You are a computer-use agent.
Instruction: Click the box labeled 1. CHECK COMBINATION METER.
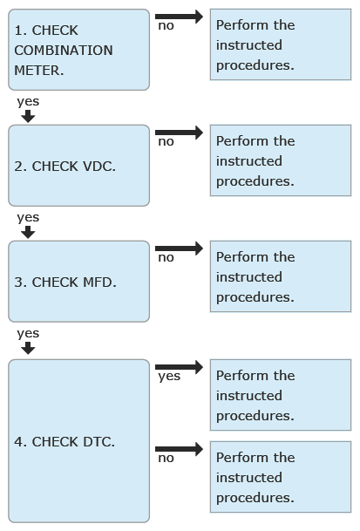click(79, 50)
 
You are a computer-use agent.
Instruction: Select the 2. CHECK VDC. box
click(79, 166)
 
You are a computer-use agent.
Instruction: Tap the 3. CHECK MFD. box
click(79, 282)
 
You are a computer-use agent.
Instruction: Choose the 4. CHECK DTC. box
click(79, 441)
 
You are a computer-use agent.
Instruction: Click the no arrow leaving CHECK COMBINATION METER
click(180, 17)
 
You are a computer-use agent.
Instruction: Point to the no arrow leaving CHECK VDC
click(180, 133)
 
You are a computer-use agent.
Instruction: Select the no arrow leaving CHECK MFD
click(180, 248)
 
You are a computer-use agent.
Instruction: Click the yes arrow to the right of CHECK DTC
click(180, 367)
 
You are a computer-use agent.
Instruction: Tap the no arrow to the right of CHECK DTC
click(180, 449)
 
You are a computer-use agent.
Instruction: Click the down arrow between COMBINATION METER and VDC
click(28, 117)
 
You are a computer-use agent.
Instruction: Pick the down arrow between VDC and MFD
click(28, 232)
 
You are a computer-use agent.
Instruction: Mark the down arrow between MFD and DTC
click(28, 348)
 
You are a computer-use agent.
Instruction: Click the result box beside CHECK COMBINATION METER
click(281, 44)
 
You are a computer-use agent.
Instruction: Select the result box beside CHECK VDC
click(281, 160)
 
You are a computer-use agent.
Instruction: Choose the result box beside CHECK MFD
click(281, 276)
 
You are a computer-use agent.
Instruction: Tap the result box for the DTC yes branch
click(281, 395)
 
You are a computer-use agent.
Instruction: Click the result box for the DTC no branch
click(281, 477)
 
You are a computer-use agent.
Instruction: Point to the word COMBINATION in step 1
click(64, 51)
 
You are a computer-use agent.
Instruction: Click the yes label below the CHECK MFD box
click(28, 334)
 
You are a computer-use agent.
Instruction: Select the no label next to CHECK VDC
click(166, 141)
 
